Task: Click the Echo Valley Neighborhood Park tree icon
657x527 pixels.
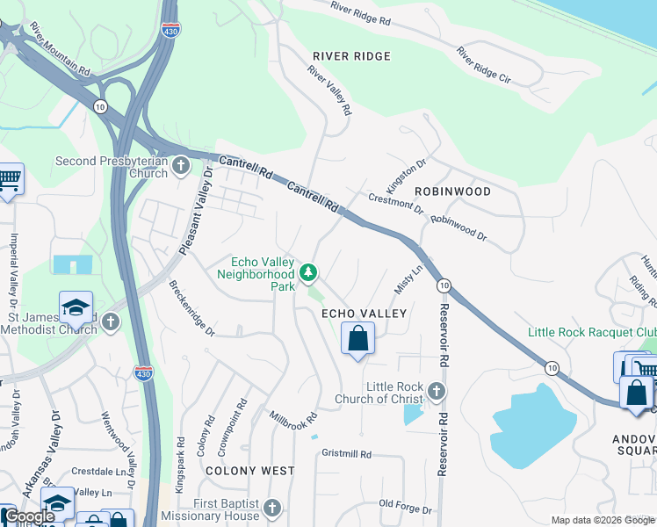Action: [x=308, y=273]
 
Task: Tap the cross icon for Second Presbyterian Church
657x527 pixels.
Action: [x=181, y=165]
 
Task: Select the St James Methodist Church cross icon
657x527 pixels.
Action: [x=111, y=321]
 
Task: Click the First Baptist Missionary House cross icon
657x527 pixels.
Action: [x=272, y=509]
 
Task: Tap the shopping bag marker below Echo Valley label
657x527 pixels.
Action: [x=357, y=339]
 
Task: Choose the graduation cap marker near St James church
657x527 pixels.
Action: [x=76, y=308]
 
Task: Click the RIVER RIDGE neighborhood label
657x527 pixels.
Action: [x=351, y=56]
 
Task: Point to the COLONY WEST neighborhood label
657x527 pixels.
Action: [x=250, y=471]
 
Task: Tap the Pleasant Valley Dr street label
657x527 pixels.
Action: [x=197, y=213]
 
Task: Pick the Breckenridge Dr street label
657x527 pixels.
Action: [x=191, y=307]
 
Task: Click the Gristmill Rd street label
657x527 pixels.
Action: [x=347, y=454]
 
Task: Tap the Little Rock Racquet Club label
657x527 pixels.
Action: [x=591, y=332]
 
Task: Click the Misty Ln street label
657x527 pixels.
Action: [x=409, y=281]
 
